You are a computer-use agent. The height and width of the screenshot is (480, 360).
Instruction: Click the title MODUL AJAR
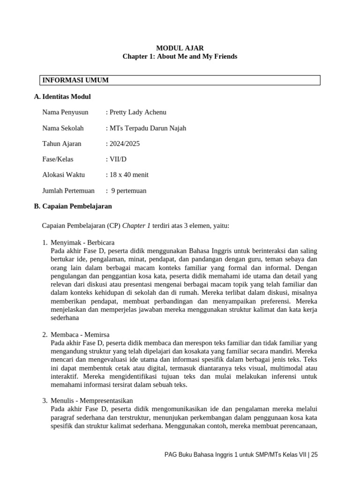180,48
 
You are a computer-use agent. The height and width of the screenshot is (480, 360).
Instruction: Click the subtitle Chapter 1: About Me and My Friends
180,57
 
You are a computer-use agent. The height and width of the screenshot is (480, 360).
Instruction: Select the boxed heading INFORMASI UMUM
75,80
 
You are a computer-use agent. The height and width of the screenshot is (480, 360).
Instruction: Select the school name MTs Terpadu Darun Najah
147,128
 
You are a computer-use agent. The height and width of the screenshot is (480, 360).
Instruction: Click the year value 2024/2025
124,144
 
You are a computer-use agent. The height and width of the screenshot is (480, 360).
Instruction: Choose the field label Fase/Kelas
58,159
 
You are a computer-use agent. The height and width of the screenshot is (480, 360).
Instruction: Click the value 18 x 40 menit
128,175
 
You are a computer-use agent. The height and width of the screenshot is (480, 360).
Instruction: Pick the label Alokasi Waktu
63,175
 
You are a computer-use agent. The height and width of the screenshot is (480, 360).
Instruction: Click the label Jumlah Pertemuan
68,191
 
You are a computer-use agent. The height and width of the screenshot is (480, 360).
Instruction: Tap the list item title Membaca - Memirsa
80,335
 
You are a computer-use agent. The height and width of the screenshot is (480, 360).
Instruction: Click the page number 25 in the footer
314,455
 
